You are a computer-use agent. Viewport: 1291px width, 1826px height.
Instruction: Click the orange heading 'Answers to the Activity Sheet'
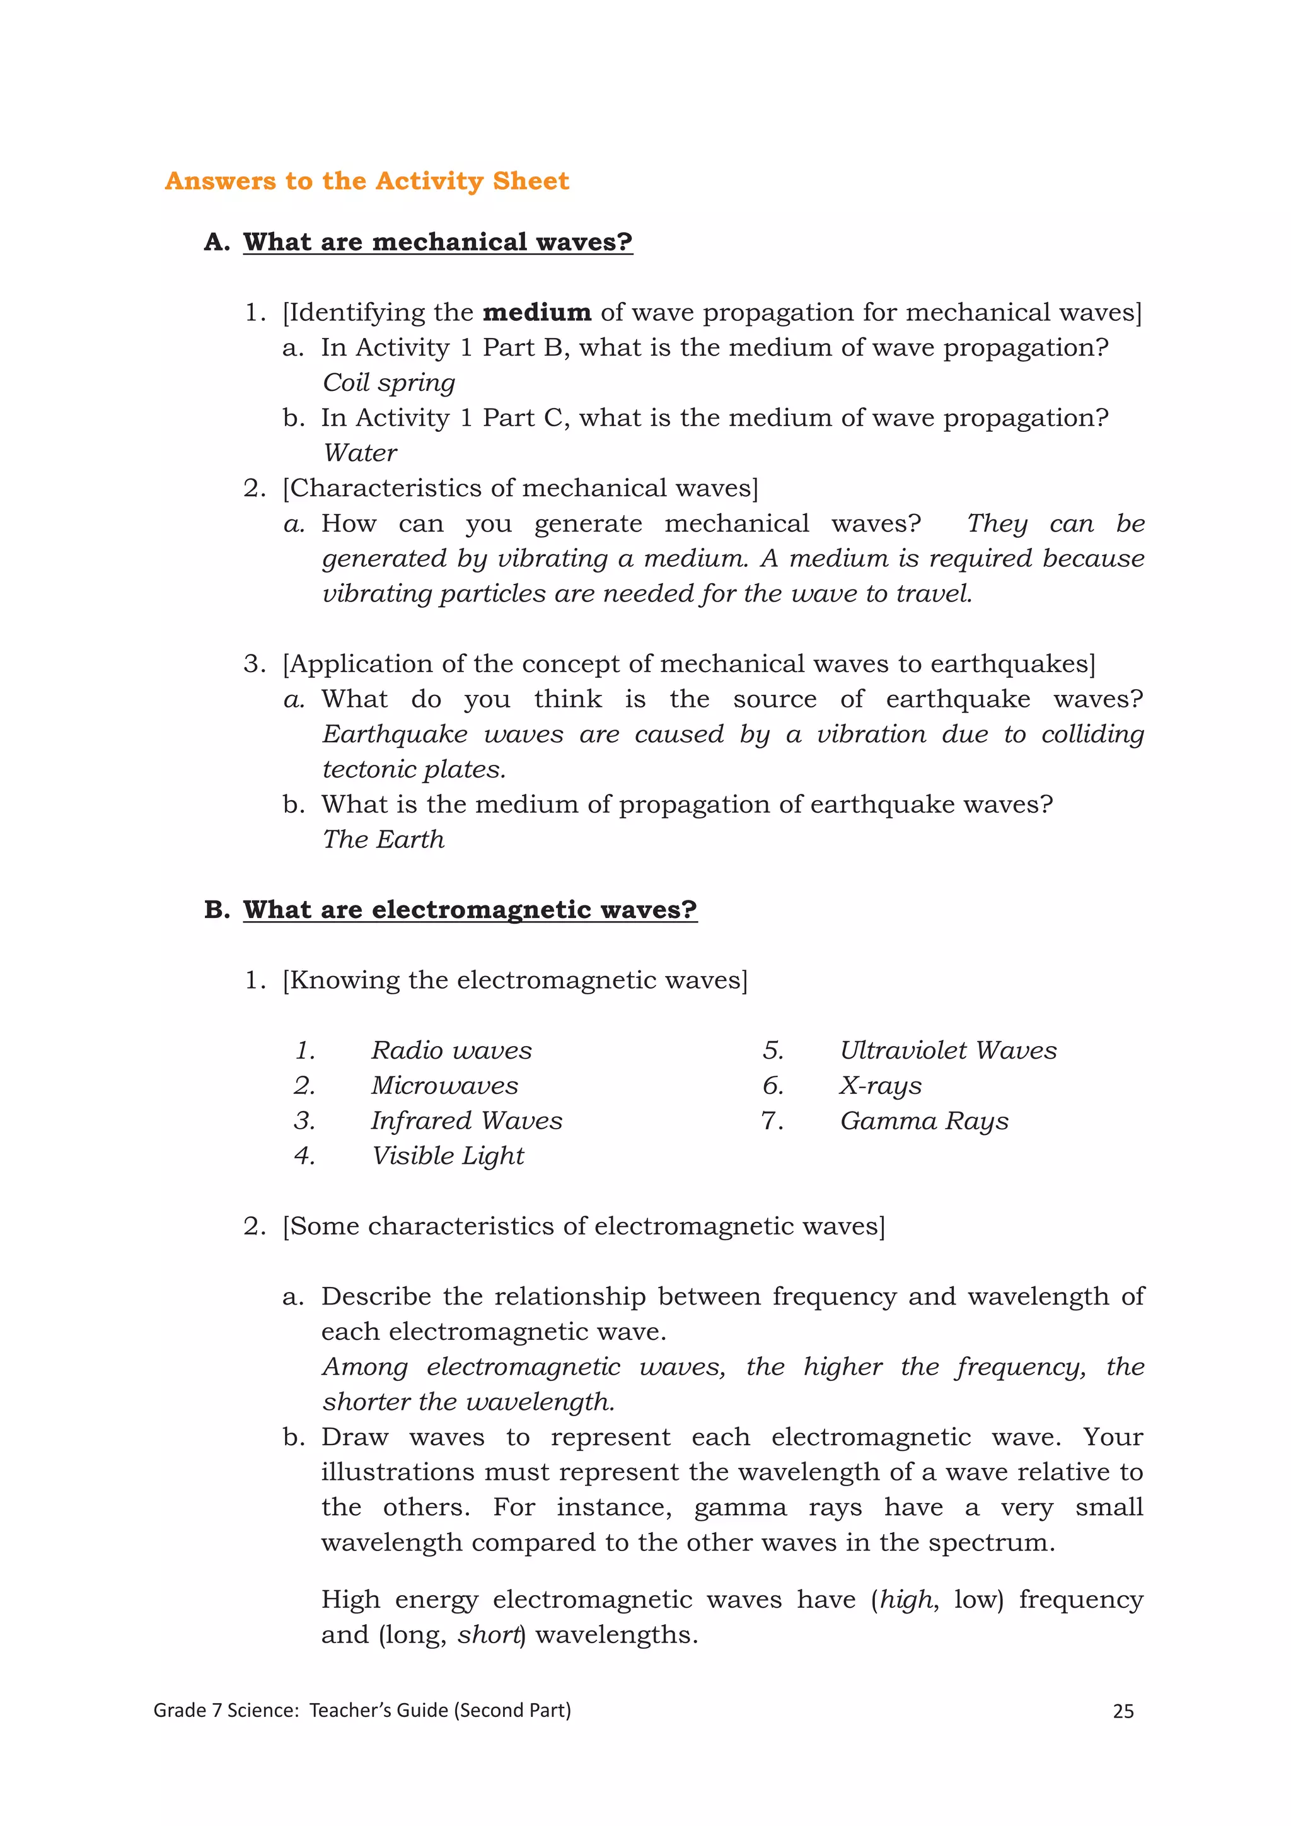(x=366, y=182)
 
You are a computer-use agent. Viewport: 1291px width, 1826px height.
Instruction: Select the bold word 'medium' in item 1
(x=536, y=313)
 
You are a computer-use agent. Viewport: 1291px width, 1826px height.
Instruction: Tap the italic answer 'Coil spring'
(x=389, y=383)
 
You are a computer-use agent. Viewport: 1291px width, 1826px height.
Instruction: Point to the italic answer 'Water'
(x=360, y=453)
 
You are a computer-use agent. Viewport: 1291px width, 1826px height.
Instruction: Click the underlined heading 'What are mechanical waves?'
(x=437, y=241)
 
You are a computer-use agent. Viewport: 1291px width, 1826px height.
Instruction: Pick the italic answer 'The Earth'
(x=383, y=839)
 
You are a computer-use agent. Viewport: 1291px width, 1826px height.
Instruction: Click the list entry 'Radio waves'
(x=451, y=1050)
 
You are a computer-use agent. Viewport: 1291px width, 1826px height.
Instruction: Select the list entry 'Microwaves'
(x=444, y=1086)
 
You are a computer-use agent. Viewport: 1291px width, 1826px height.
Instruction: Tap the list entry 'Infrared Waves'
(x=466, y=1120)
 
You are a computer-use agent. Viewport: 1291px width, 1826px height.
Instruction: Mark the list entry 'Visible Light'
(x=448, y=1156)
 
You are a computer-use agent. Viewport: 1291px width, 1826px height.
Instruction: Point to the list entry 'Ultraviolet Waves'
(x=948, y=1050)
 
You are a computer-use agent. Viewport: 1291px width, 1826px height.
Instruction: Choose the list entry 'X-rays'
(x=881, y=1086)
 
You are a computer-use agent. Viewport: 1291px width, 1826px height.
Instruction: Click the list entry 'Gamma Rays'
(x=923, y=1120)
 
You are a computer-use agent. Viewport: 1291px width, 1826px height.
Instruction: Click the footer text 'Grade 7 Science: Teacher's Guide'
(x=362, y=1711)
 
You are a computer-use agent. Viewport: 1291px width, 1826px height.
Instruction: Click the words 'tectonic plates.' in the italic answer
(x=414, y=769)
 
